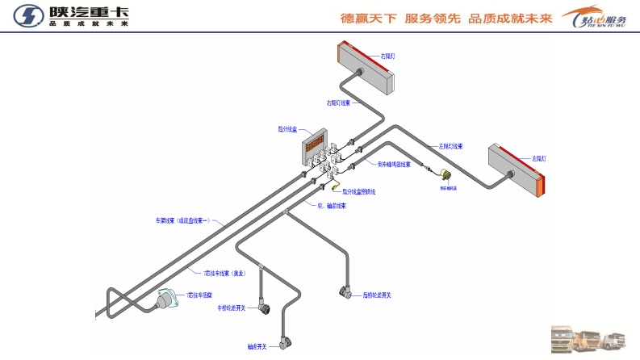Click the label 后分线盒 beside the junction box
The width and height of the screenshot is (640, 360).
(288, 128)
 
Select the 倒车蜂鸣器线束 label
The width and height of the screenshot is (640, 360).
(394, 165)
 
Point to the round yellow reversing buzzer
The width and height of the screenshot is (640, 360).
(445, 176)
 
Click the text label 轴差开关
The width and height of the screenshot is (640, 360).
(257, 347)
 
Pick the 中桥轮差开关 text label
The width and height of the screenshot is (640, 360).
(232, 308)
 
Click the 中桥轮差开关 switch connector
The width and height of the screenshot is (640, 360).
(262, 307)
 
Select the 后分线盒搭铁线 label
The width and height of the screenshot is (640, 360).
(358, 191)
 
